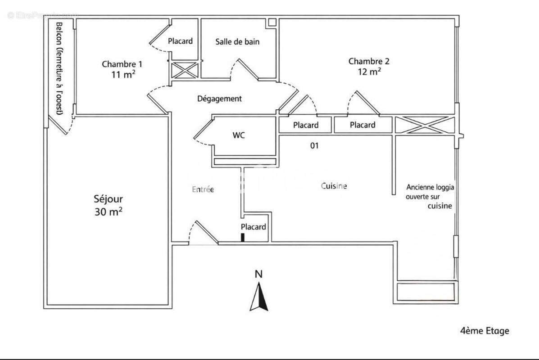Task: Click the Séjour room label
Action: pyautogui.click(x=108, y=198)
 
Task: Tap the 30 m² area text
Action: pyautogui.click(x=108, y=212)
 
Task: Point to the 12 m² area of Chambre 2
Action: pyautogui.click(x=369, y=72)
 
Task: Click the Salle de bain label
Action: pyautogui.click(x=237, y=42)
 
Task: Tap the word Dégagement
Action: pyautogui.click(x=219, y=99)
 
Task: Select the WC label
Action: pyautogui.click(x=239, y=135)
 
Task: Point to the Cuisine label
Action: pyautogui.click(x=334, y=186)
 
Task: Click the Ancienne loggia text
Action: pyautogui.click(x=430, y=187)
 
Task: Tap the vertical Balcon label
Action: pyautogui.click(x=59, y=68)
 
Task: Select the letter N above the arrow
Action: pyautogui.click(x=258, y=274)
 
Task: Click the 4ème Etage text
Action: pyautogui.click(x=485, y=331)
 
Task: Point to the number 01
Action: pyautogui.click(x=314, y=145)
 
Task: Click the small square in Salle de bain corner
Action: pyautogui.click(x=272, y=22)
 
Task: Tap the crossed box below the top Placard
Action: pyautogui.click(x=185, y=71)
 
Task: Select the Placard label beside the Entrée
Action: pyautogui.click(x=253, y=227)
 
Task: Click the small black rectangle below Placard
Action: pyautogui.click(x=243, y=238)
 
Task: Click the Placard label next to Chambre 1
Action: pyautogui.click(x=180, y=41)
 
